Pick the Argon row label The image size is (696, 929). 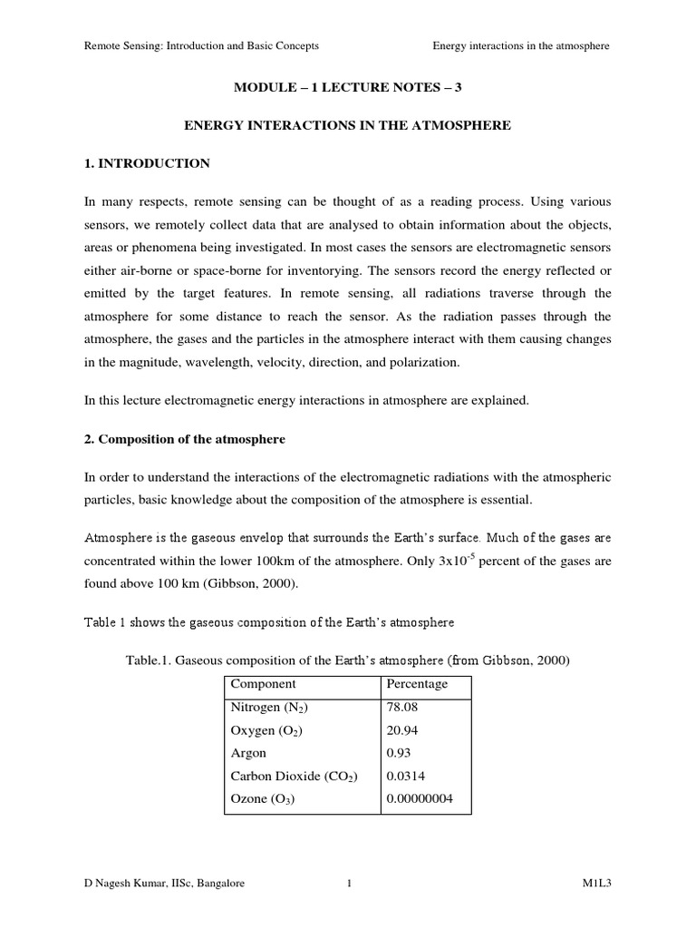[249, 753]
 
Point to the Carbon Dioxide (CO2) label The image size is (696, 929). [294, 776]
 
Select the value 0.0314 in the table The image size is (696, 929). [405, 776]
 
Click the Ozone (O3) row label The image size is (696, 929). [263, 799]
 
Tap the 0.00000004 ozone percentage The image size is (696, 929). [419, 799]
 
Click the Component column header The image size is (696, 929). [264, 684]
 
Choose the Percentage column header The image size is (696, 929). [417, 684]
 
